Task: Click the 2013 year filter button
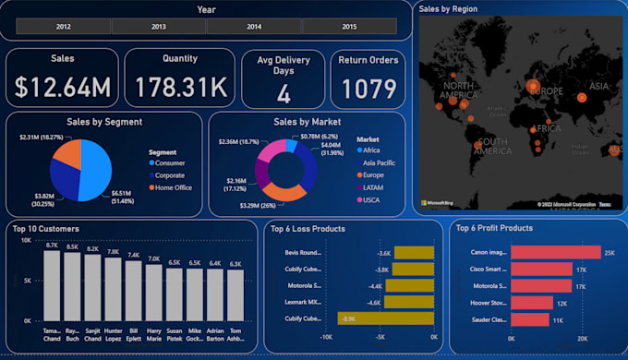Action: coord(158,28)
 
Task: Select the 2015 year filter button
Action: coord(349,28)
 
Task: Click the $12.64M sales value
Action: coord(62,87)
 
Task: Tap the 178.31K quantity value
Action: coord(179,87)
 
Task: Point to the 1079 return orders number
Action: coord(368,89)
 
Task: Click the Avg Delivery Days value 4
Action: coord(284,93)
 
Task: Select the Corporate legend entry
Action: coord(170,174)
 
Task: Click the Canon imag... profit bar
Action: coord(556,252)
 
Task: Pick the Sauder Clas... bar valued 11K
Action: coord(530,319)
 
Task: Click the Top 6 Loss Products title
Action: coord(308,228)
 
